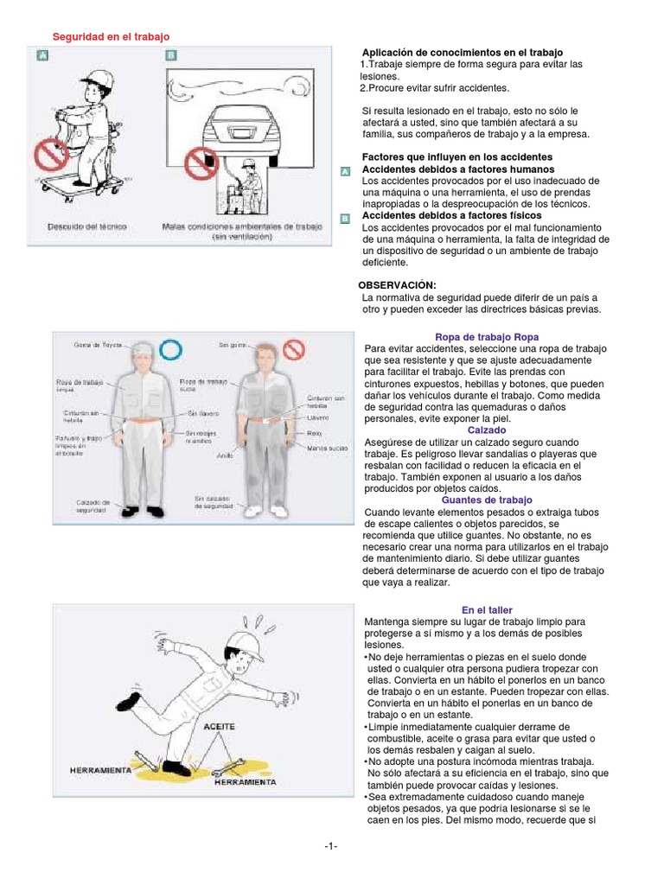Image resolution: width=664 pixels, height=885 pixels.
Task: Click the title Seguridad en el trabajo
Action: (112, 36)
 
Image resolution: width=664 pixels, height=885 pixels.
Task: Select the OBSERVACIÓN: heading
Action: (397, 285)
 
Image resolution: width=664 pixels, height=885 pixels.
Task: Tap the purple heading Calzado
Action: (487, 430)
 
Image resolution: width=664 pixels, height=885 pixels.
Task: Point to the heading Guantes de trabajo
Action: (487, 500)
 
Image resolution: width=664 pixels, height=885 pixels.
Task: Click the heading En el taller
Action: (487, 609)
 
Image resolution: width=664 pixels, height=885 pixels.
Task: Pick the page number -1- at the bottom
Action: (331, 846)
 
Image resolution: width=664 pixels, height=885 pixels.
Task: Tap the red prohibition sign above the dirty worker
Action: (295, 349)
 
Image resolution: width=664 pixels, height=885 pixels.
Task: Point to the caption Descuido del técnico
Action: (87, 226)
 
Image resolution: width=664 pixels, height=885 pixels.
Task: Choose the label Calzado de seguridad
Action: (93, 506)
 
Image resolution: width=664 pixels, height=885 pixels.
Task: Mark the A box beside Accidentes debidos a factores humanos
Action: (345, 173)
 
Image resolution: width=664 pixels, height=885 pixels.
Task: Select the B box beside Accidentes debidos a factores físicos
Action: (345, 220)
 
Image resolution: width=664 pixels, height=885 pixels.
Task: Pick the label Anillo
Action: (224, 454)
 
